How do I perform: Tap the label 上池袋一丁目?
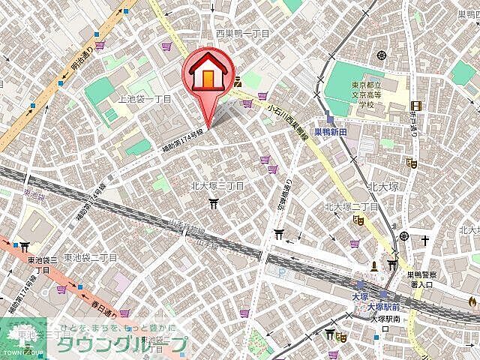point(145,99)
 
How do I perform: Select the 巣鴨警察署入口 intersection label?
point(427,279)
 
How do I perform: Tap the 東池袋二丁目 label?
point(90,257)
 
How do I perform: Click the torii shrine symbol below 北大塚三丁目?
point(215,202)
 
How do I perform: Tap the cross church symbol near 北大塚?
point(424,240)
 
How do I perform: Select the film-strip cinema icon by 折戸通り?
point(410,162)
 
